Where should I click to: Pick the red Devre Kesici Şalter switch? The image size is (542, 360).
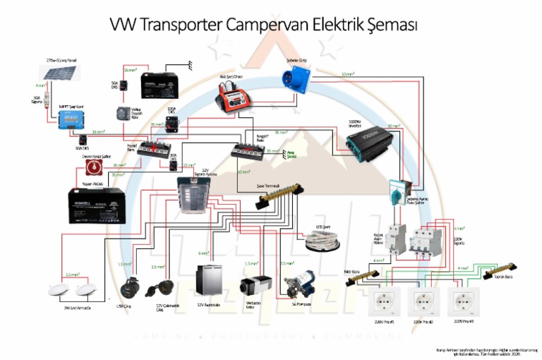pos(92,167)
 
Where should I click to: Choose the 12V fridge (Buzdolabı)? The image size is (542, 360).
pos(209,282)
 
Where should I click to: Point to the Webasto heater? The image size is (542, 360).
pos(252,286)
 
